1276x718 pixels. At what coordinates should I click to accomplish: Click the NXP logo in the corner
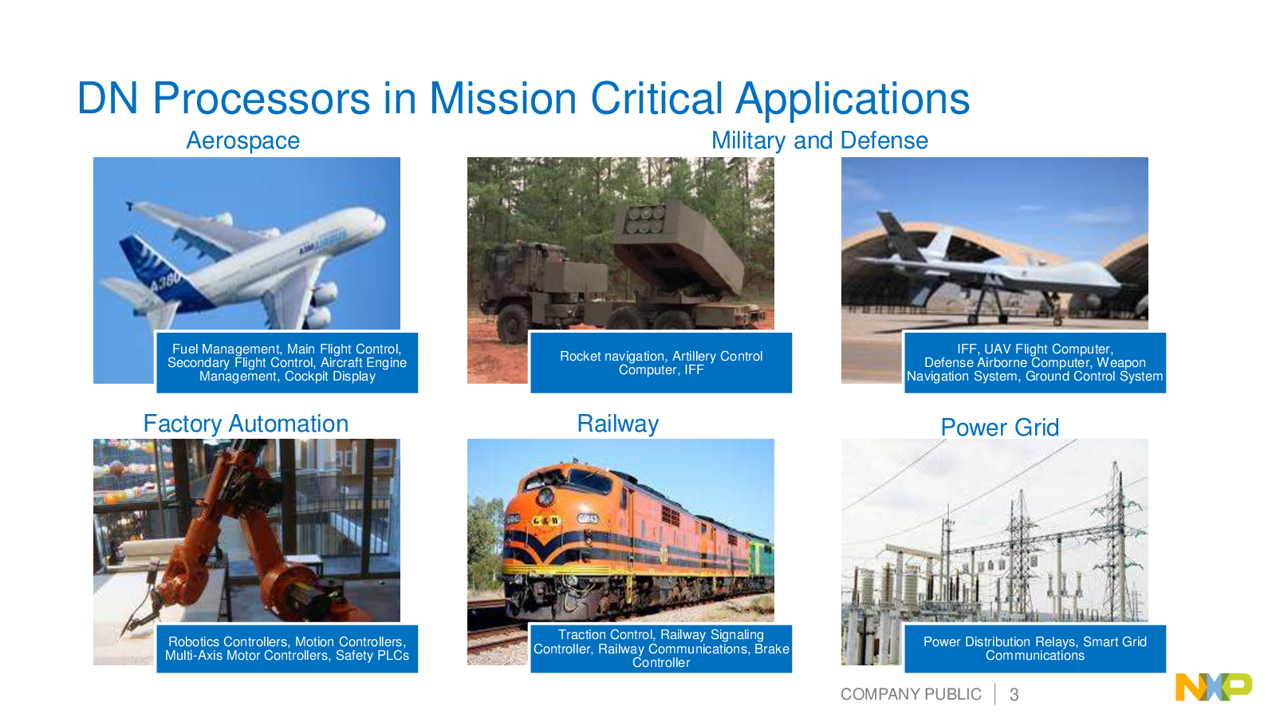[x=1213, y=687]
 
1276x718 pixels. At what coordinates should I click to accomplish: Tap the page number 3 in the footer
[x=1014, y=695]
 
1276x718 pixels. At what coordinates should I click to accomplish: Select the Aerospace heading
[x=243, y=140]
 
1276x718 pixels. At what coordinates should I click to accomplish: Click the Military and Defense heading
[x=820, y=140]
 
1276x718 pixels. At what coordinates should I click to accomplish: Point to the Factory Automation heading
[x=246, y=424]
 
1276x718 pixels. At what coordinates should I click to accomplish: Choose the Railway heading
[x=618, y=424]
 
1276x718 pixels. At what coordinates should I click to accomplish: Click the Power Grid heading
[x=1000, y=428]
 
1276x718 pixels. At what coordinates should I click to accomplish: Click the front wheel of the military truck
[x=512, y=324]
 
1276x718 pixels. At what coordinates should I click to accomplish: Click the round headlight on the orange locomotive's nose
[x=545, y=495]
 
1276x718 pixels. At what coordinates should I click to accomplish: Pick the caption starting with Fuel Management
[x=287, y=362]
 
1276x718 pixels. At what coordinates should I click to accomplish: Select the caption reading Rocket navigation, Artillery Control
[x=661, y=362]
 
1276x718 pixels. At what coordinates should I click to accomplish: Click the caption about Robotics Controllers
[x=287, y=649]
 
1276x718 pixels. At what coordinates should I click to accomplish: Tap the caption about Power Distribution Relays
[x=1035, y=649]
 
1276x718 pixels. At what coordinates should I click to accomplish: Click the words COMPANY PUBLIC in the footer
[x=911, y=694]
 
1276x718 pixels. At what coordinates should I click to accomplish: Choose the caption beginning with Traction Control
[x=661, y=649]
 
